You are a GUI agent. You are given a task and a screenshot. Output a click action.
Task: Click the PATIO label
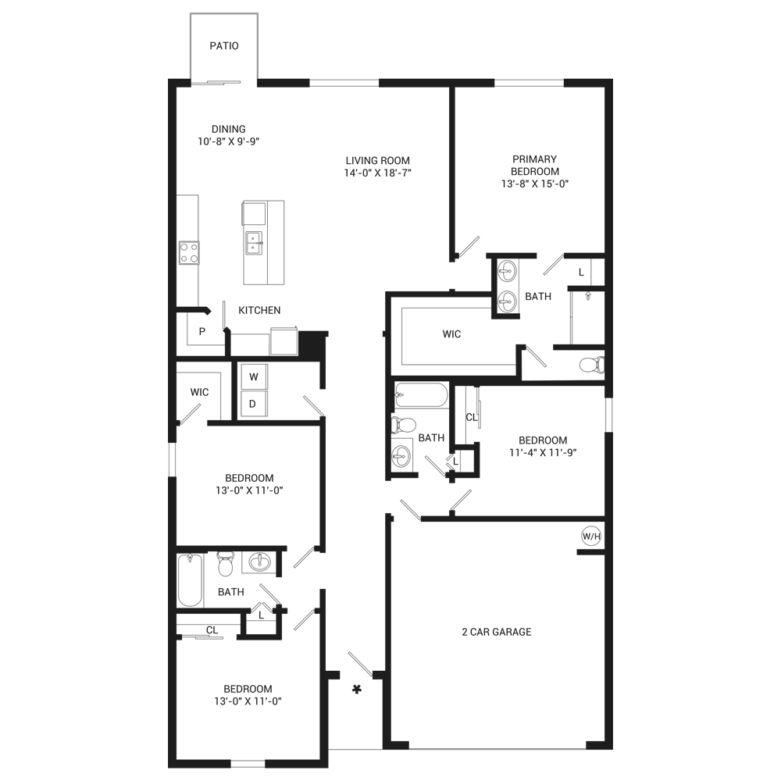tap(224, 46)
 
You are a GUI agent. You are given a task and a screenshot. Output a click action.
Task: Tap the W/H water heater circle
tap(591, 537)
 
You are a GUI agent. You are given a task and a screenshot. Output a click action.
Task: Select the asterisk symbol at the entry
tap(357, 690)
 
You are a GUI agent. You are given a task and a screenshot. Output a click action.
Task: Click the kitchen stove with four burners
tap(189, 252)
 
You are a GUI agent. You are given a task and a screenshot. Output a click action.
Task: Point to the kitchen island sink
tap(253, 243)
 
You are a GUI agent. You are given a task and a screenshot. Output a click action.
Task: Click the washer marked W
tap(254, 376)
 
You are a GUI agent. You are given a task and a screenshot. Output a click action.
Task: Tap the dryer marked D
tap(254, 404)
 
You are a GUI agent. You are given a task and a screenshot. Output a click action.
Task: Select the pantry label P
tap(202, 331)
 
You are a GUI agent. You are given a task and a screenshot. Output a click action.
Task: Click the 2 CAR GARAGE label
tap(497, 632)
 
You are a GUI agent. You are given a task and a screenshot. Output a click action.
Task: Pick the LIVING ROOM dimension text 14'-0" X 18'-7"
tap(377, 173)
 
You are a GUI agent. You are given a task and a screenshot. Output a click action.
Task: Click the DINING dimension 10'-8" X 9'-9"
tap(229, 141)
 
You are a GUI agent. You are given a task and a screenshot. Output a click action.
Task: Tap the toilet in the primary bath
tap(592, 365)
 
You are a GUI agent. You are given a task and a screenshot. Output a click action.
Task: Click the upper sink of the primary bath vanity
tap(507, 272)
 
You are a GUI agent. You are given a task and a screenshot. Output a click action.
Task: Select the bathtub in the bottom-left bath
tap(191, 580)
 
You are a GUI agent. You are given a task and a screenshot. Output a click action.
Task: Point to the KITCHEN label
tap(259, 310)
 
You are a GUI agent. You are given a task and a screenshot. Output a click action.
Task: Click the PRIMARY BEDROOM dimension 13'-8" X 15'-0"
tap(535, 184)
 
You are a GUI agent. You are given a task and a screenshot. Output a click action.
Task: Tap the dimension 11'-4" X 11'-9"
tap(543, 452)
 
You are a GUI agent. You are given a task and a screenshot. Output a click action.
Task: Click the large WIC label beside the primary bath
tap(451, 334)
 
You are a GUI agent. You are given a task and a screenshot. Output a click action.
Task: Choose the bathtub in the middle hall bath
tap(422, 395)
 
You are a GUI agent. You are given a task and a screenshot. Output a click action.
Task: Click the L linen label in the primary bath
tap(581, 273)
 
